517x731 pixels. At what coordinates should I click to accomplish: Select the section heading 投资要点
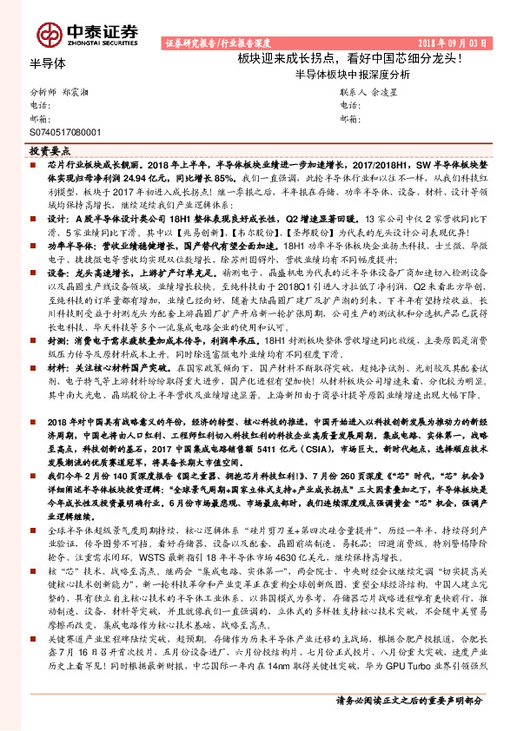(x=49, y=150)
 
